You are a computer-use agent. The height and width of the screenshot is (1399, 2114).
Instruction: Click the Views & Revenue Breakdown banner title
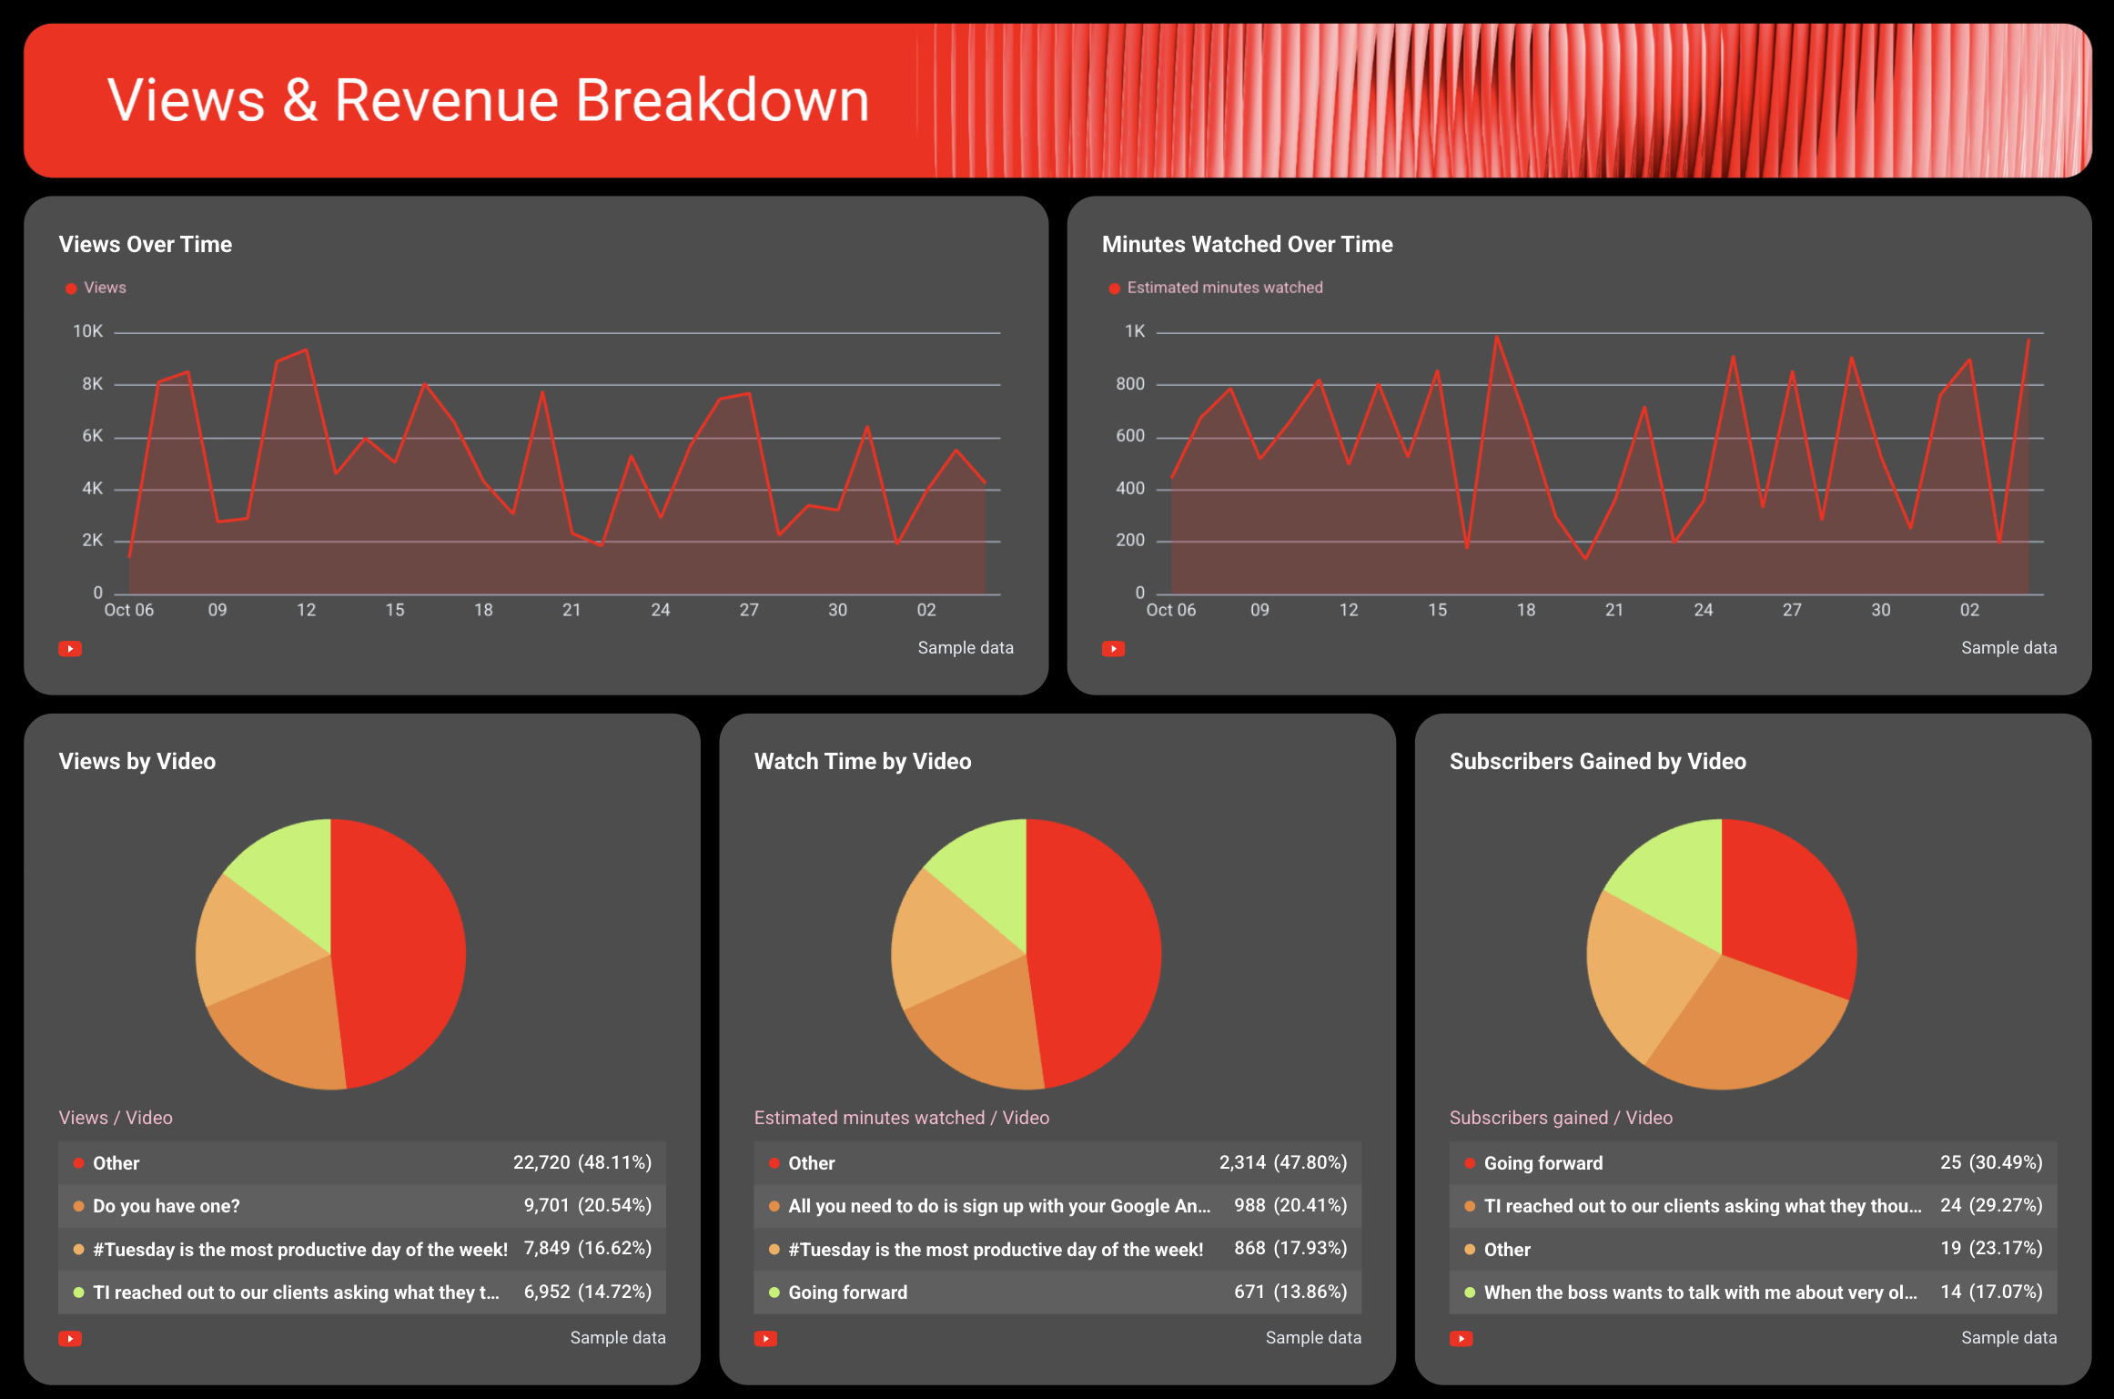click(x=488, y=100)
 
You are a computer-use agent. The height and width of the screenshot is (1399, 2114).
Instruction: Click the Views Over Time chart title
click(x=146, y=245)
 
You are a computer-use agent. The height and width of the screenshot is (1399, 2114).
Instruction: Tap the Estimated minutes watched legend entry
click(x=1224, y=288)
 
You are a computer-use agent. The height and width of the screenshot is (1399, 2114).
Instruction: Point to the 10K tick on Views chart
click(x=88, y=332)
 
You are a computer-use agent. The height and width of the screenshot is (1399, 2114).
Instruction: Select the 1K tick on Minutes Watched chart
click(x=1134, y=332)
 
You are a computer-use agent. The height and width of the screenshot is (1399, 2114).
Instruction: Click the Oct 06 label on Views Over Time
click(x=128, y=611)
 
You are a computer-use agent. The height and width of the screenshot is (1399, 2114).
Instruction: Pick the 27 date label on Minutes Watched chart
click(x=1791, y=611)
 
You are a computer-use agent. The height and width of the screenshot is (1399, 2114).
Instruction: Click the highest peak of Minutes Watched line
click(x=1497, y=339)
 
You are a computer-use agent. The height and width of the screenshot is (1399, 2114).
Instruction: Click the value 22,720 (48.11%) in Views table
click(x=582, y=1163)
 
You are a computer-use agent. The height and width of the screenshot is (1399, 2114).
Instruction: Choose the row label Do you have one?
click(x=167, y=1206)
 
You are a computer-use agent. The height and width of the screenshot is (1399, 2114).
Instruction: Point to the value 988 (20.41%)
click(x=1290, y=1206)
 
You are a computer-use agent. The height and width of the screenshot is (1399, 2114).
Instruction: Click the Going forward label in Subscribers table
click(x=1543, y=1163)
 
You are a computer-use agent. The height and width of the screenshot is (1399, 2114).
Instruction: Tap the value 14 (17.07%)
click(x=1990, y=1293)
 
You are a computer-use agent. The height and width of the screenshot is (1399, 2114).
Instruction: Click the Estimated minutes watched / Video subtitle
click(x=901, y=1118)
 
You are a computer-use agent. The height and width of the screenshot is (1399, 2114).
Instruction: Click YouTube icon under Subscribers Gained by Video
click(x=1461, y=1339)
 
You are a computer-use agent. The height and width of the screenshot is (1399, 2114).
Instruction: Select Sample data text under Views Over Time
click(x=965, y=648)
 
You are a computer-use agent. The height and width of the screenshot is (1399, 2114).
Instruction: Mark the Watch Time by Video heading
click(x=862, y=762)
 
